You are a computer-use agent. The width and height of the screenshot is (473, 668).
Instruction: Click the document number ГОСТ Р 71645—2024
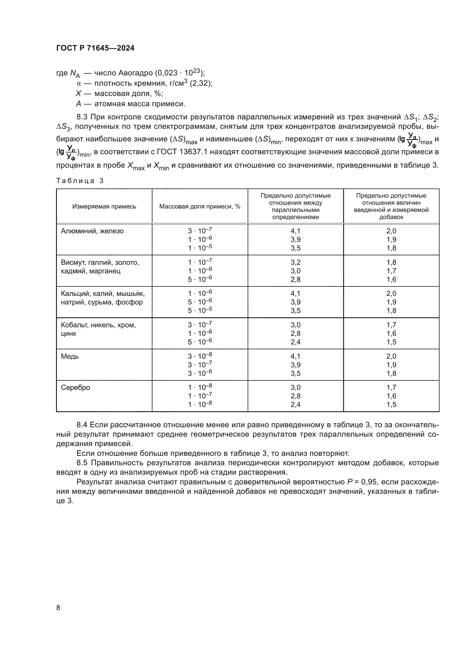(95, 48)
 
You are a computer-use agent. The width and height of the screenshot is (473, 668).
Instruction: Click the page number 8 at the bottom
(58, 607)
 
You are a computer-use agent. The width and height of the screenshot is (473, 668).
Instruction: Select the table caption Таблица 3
(80, 181)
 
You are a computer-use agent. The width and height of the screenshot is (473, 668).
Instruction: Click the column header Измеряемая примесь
(104, 206)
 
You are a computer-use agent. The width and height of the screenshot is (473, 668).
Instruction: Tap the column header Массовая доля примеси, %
(200, 206)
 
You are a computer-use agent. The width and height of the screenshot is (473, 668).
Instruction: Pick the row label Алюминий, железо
(92, 231)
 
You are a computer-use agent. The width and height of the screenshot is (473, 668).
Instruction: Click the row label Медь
(70, 356)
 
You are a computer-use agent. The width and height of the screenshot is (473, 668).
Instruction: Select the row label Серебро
(75, 388)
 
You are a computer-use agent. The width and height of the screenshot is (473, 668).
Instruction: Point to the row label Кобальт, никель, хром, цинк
(98, 329)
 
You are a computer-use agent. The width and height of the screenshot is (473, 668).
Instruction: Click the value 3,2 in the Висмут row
(295, 262)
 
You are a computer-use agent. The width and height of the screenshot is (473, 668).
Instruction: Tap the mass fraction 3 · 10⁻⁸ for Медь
(200, 356)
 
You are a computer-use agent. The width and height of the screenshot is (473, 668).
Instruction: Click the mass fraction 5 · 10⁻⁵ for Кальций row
(200, 310)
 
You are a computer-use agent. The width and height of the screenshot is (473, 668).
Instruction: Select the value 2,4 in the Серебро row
(295, 404)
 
